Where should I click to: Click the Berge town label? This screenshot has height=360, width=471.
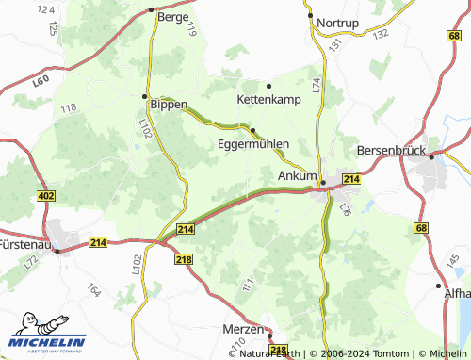coord(173,17)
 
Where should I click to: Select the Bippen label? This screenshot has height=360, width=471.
coord(170,104)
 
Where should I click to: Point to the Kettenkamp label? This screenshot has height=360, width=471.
coord(268,98)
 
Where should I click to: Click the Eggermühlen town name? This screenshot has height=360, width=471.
coord(252,144)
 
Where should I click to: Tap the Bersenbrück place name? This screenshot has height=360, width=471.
coord(392,151)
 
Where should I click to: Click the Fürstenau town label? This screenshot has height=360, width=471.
coord(24,244)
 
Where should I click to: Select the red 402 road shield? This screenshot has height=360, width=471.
coord(47,196)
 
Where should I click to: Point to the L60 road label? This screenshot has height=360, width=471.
coord(40,83)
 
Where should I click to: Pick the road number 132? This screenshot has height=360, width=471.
coord(380,33)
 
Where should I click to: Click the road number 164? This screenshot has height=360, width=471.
coord(93,289)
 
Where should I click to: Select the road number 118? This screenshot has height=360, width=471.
coord(68,109)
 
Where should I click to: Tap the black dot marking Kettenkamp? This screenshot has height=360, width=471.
coord(268,86)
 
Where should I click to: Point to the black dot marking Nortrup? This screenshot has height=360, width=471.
coord(310,15)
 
